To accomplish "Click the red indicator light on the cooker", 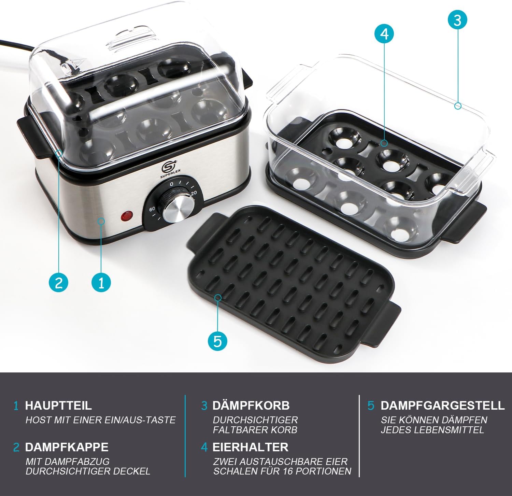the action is coord(127,216).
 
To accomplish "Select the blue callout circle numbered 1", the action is coord(101,282).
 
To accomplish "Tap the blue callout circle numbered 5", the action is coord(218,340).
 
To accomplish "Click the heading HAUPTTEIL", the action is coord(58,405).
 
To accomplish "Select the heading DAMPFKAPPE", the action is coord(67,447).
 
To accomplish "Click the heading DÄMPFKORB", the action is coord(251,405).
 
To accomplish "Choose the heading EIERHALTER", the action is coord(250,447).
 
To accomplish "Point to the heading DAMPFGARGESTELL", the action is coord(442,405).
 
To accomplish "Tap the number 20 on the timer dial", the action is coord(194,193).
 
